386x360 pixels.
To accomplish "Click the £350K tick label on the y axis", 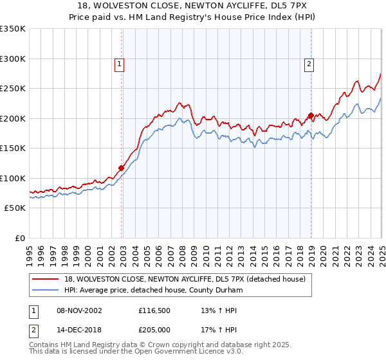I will pyautogui.click(x=13, y=29).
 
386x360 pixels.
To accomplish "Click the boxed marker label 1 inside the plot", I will pyautogui.click(x=120, y=64).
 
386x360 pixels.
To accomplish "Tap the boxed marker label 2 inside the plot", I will pyautogui.click(x=309, y=64).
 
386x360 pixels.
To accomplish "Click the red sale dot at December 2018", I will pyautogui.click(x=311, y=116).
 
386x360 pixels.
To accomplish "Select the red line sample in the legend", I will pyautogui.click(x=45, y=279).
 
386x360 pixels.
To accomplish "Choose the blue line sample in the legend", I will pyautogui.click(x=45, y=291).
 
